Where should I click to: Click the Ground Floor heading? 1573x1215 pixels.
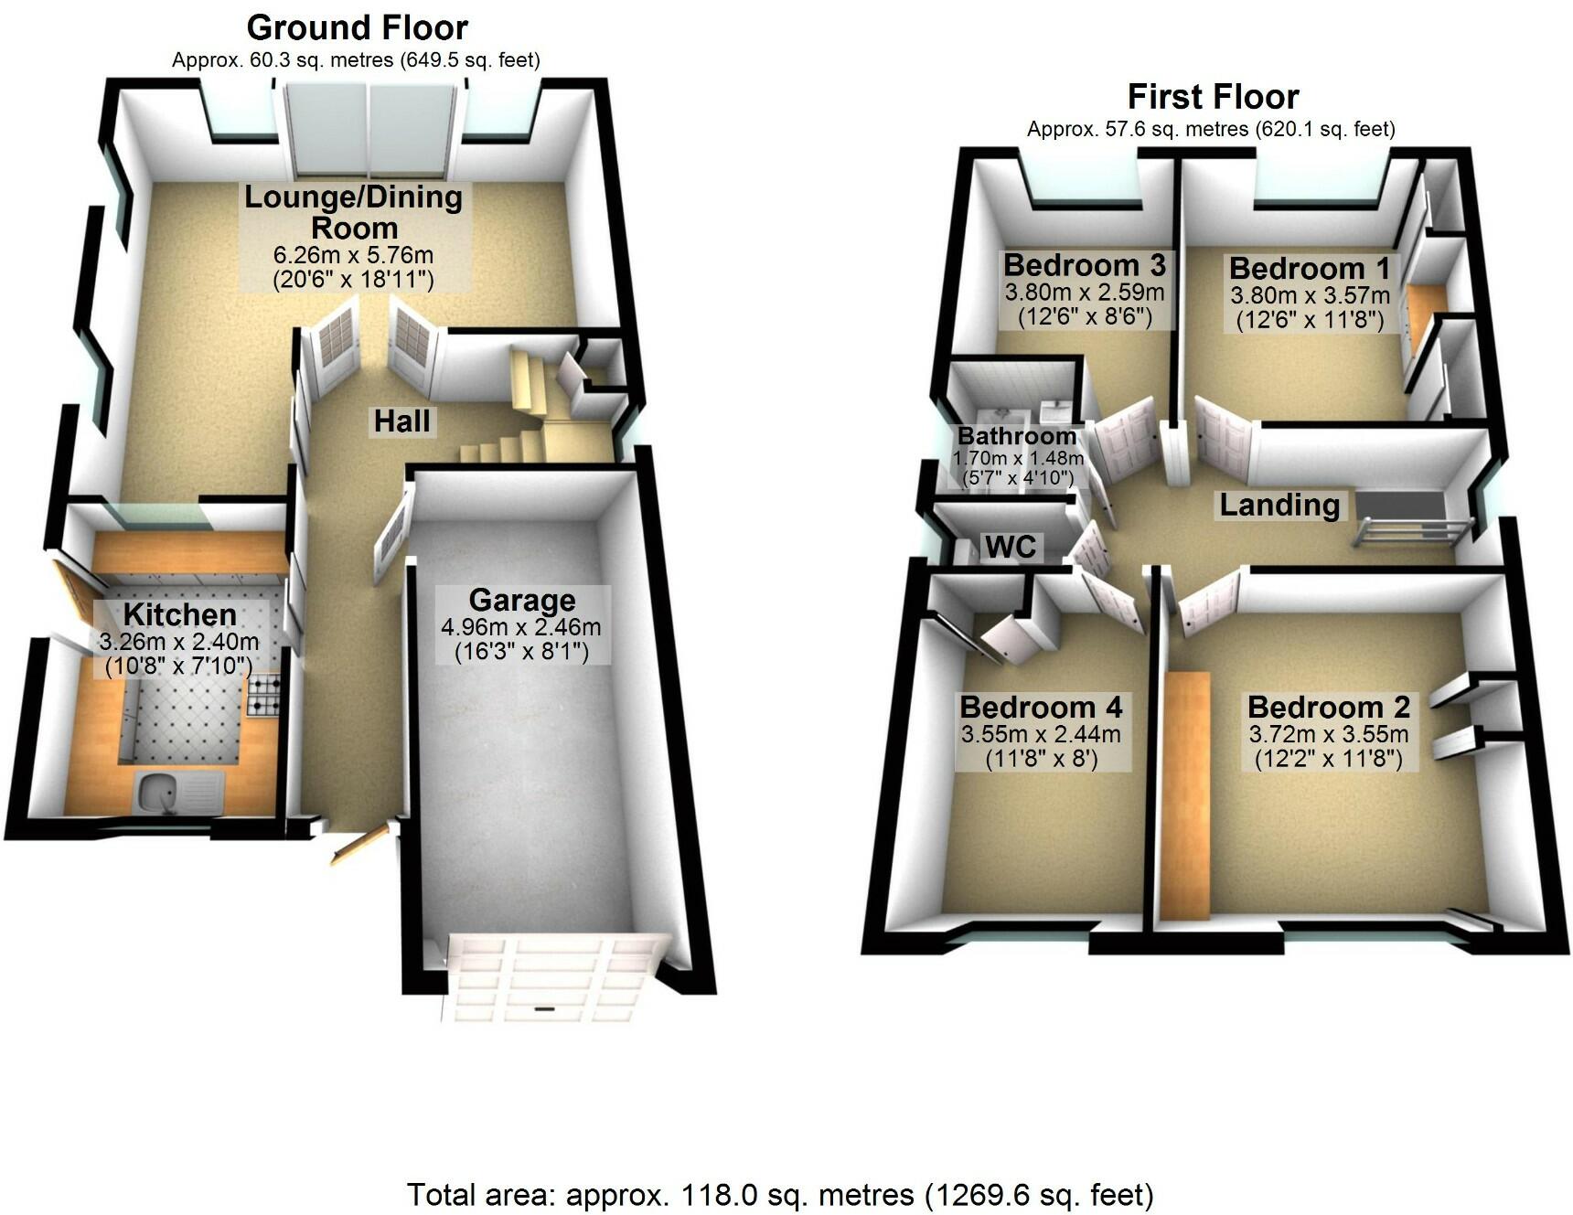357,28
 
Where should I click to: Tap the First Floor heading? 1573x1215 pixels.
1213,97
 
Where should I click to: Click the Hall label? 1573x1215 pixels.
401,421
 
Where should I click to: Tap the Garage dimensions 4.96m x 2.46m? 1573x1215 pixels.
520,627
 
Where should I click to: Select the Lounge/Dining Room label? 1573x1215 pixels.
353,212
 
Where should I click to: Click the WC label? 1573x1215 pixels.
1010,547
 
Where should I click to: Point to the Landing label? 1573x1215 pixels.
1279,505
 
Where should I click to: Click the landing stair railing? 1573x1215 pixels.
1413,531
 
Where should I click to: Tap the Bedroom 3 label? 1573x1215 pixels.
1085,265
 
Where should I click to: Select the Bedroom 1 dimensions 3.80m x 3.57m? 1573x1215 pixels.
1310,295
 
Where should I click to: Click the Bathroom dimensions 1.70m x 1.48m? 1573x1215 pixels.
1018,458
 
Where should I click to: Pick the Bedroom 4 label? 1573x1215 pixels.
1041,707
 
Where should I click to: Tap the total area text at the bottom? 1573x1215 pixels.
779,1194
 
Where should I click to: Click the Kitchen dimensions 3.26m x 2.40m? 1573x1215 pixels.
178,642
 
